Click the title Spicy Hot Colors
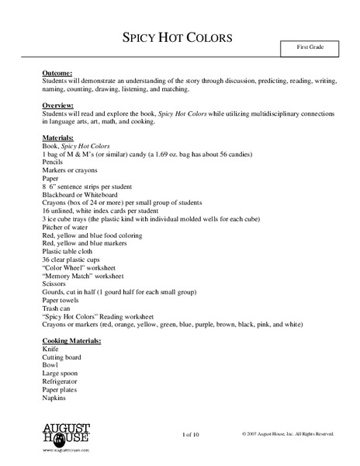178,38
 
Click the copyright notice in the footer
287,433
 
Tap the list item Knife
50,349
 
